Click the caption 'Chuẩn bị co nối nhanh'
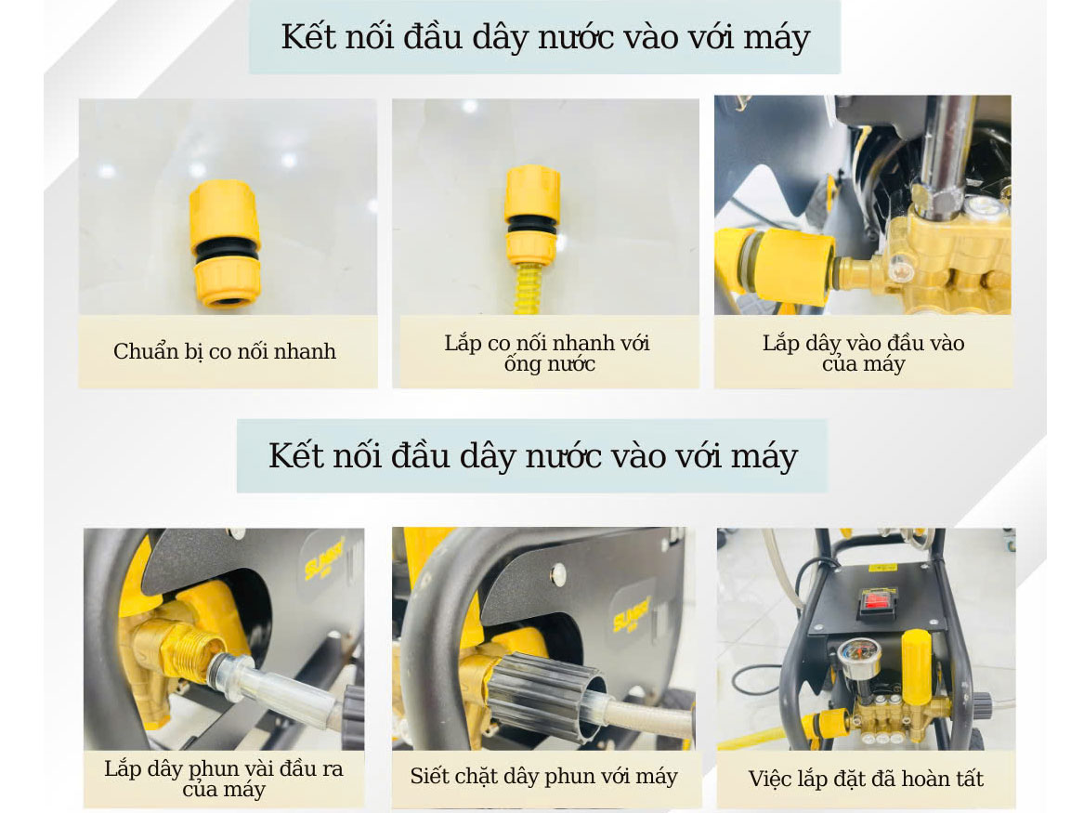[x=225, y=351]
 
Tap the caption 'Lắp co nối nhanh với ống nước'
[x=547, y=352]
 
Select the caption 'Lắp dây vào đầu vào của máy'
[x=864, y=352]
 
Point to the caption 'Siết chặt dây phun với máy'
[x=543, y=776]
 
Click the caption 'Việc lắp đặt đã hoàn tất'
[x=866, y=779]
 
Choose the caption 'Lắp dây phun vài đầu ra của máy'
[x=223, y=779]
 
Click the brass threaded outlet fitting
[x=183, y=649]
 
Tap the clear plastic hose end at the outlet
[x=277, y=685]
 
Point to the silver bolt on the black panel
[x=558, y=572]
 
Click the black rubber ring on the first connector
[x=226, y=253]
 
